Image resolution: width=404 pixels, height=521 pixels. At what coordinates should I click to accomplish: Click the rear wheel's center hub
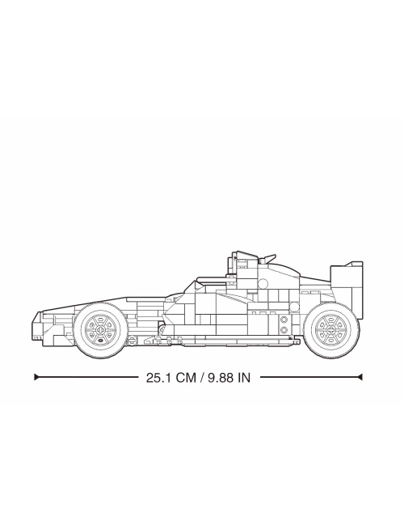click(x=331, y=329)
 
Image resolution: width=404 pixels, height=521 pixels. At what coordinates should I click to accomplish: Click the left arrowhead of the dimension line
click(x=36, y=377)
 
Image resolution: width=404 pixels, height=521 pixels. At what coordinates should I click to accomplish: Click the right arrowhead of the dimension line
click(x=360, y=377)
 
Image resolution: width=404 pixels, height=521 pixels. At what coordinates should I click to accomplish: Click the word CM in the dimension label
click(x=186, y=378)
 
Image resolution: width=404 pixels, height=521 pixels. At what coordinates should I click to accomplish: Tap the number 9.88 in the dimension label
click(x=221, y=378)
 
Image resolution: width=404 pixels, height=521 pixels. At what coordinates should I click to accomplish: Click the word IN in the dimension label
click(x=244, y=378)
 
